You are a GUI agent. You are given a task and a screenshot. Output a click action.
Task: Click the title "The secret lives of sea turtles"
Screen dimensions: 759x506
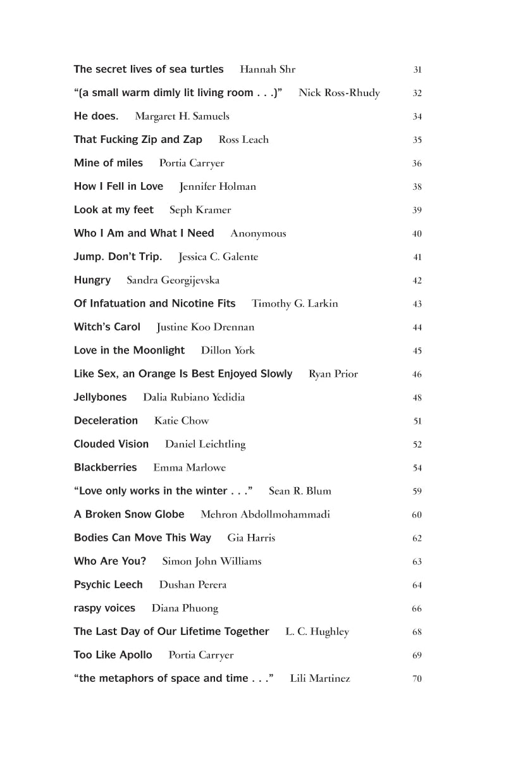[149, 70]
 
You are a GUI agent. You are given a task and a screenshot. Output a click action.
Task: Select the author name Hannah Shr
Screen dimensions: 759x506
[268, 70]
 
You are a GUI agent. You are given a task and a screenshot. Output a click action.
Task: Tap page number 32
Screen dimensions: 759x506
[417, 94]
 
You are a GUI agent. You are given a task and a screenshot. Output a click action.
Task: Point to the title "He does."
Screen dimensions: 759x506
[96, 116]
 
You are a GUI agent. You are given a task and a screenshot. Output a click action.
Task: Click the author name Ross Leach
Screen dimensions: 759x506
[244, 140]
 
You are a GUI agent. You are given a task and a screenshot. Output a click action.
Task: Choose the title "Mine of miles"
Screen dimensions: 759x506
[108, 163]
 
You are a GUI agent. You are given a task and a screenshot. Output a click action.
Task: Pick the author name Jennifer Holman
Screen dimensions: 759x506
[218, 187]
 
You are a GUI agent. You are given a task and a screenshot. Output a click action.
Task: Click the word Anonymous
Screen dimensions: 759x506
[258, 233]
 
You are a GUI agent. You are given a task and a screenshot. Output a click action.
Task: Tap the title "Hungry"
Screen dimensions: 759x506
[92, 280]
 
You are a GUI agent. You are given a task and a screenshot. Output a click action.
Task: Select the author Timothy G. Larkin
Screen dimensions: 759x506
[295, 304]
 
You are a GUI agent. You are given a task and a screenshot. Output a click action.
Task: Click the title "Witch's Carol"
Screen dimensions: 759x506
[107, 327]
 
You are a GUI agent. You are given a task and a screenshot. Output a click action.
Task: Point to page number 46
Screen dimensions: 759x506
[417, 374]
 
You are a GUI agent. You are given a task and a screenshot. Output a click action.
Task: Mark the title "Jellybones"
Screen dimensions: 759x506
[100, 397]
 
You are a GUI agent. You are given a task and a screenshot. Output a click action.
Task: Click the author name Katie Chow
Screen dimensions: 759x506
[182, 421]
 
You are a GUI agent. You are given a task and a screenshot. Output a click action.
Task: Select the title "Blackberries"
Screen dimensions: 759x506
[105, 467]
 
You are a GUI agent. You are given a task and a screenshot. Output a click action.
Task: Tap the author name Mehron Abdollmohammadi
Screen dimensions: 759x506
[265, 514]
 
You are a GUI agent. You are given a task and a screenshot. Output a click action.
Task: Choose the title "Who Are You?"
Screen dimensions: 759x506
[110, 561]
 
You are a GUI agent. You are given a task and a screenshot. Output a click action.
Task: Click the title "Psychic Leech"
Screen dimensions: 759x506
[108, 584]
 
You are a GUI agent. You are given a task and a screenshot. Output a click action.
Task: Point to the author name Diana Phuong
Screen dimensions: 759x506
[185, 608]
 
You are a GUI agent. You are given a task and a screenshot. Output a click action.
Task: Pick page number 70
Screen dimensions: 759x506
[417, 679]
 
